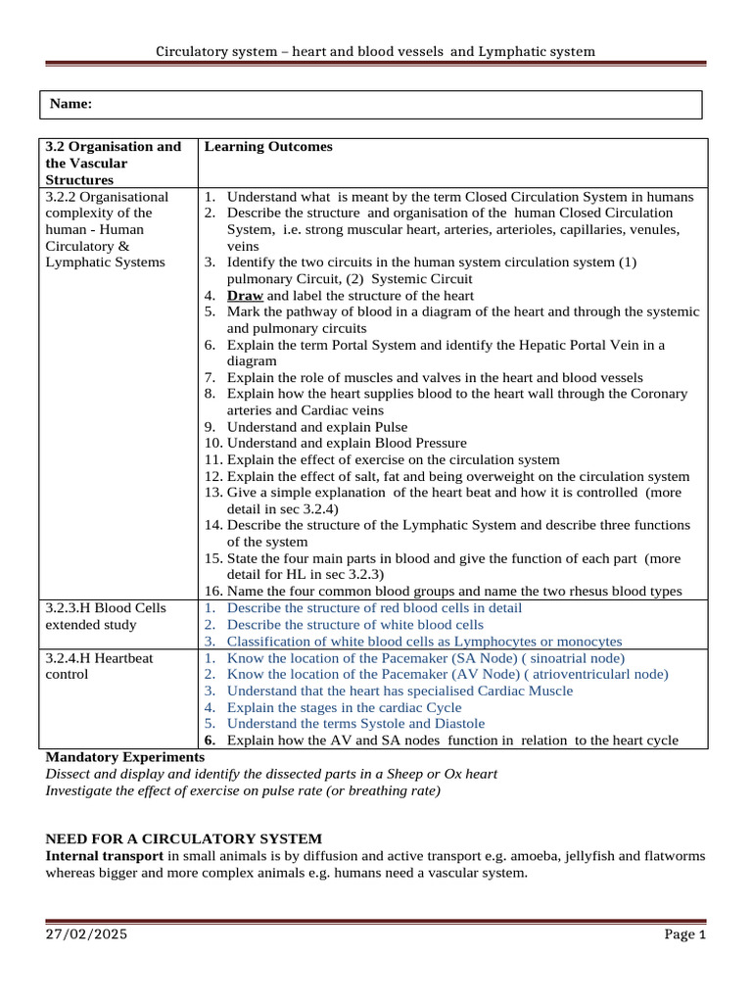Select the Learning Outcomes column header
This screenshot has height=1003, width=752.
coord(268,147)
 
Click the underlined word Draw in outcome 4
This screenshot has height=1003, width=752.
coord(245,295)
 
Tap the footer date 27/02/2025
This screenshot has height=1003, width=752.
coord(86,935)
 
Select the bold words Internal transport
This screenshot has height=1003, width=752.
coord(105,856)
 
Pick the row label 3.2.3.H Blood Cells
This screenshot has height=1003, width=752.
coord(106,607)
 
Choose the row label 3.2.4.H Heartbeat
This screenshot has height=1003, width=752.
coord(100,658)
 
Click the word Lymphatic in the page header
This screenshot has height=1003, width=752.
coord(513,51)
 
